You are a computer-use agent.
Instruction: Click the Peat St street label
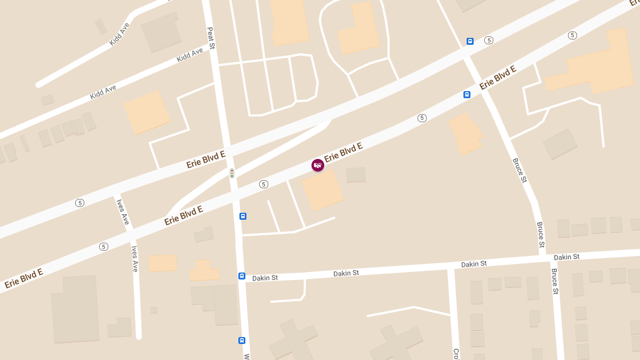211,38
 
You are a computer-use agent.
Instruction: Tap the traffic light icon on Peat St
232,173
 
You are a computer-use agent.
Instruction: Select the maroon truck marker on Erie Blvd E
317,165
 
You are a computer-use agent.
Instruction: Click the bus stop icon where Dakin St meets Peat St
242,276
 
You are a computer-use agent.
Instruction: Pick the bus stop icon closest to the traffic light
243,216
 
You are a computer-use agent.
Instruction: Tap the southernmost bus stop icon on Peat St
242,340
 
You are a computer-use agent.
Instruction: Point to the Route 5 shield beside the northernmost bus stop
489,41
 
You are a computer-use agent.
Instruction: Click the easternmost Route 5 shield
572,35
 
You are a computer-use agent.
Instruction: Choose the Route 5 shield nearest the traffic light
263,184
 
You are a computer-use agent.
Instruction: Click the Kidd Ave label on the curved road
119,34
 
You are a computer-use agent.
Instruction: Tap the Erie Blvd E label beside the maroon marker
343,152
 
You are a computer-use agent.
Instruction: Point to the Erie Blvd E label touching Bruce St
498,78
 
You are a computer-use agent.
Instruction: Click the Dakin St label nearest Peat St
265,278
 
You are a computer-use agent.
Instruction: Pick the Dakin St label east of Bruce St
566,257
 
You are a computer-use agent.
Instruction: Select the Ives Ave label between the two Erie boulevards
123,211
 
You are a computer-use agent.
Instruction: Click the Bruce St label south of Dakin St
554,282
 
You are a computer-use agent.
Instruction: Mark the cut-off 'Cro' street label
456,354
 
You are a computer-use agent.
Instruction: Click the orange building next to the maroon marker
323,190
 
